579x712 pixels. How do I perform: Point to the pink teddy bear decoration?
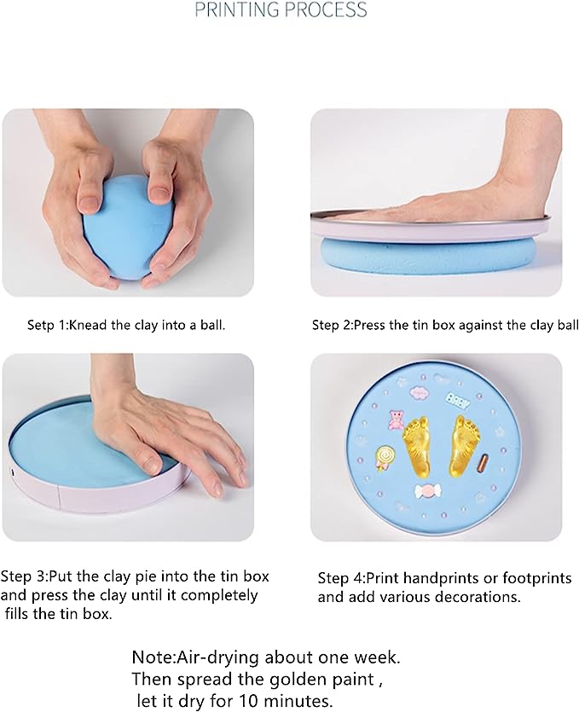(396, 420)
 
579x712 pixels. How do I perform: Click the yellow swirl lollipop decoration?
(384, 458)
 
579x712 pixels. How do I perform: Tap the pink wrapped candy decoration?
(428, 493)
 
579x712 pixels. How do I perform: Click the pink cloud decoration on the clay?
(420, 392)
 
